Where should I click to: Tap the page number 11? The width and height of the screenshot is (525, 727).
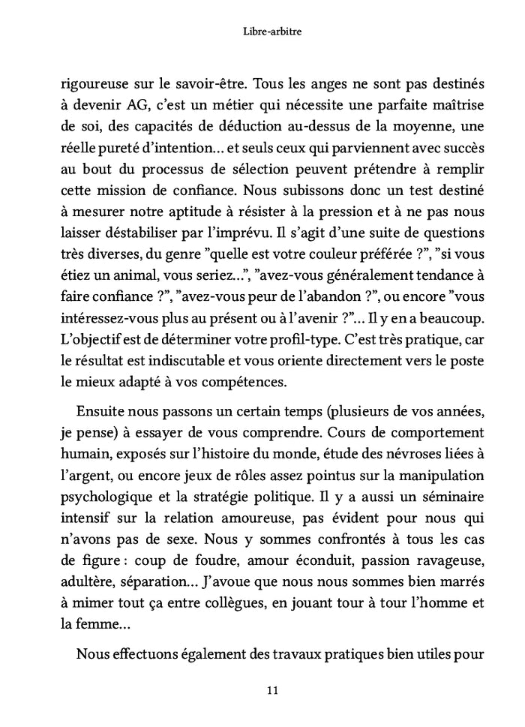point(262,689)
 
